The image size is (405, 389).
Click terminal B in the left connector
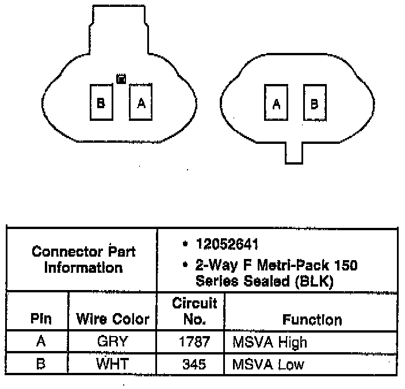(x=101, y=102)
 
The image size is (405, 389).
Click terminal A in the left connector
(x=141, y=102)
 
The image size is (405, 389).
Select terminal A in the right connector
(x=276, y=104)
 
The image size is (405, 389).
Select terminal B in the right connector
(x=315, y=104)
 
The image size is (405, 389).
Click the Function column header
(x=312, y=319)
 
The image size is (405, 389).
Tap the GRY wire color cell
(x=113, y=342)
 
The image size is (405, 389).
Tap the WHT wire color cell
(x=113, y=364)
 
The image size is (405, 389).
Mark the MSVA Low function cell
(x=268, y=364)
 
